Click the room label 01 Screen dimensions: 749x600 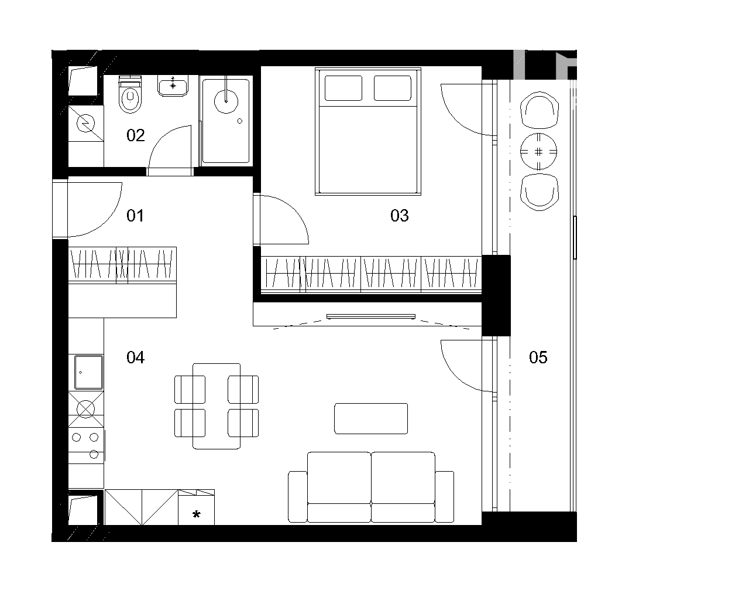(135, 216)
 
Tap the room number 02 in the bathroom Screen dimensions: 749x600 (135, 135)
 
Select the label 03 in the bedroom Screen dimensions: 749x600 (399, 216)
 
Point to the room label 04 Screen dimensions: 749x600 (135, 357)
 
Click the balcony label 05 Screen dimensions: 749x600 (538, 357)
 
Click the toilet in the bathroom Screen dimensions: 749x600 (130, 94)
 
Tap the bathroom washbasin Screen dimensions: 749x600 (173, 86)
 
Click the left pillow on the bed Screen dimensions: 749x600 (343, 88)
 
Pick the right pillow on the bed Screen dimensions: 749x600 (393, 88)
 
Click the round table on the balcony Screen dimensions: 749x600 (538, 152)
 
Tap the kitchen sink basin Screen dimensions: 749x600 (88, 372)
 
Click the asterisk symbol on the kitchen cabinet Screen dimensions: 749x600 (196, 514)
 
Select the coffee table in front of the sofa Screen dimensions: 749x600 (371, 419)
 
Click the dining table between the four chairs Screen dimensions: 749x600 (217, 406)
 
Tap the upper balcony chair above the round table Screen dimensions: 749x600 (540, 110)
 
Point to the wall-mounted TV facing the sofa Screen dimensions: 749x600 (370, 316)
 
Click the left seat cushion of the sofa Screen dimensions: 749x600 (339, 478)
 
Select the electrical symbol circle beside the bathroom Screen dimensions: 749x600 (85, 124)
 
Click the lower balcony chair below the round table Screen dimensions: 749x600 (540, 192)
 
